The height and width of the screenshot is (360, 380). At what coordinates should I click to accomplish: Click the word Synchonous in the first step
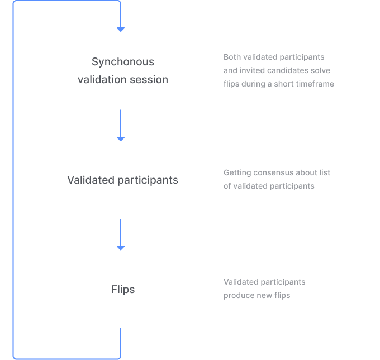tap(123, 62)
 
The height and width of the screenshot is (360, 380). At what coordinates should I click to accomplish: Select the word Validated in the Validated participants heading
tap(91, 180)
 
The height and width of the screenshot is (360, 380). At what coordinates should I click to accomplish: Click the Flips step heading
tap(123, 290)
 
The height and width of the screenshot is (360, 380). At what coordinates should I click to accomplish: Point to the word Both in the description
tap(232, 57)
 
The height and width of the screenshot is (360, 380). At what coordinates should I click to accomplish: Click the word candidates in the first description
tap(287, 70)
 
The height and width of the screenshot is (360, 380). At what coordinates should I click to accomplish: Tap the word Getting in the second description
tap(237, 173)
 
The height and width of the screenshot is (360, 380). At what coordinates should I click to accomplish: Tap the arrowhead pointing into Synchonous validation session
tap(121, 30)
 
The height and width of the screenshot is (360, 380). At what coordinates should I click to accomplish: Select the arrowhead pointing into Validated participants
tap(121, 139)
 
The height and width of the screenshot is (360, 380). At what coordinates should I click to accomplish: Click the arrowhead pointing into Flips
tap(121, 248)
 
